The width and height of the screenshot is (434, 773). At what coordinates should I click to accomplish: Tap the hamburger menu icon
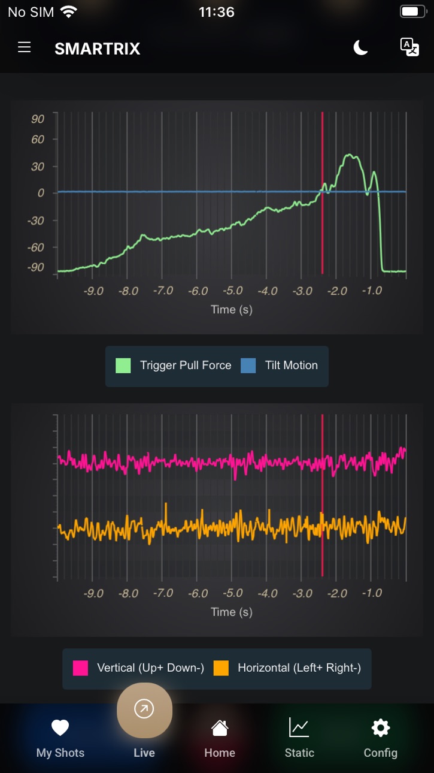[24, 47]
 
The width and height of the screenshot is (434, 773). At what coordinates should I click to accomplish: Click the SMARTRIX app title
[97, 49]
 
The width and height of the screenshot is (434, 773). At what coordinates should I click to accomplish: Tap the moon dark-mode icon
[360, 47]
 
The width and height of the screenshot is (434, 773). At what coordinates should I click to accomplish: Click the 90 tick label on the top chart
[38, 119]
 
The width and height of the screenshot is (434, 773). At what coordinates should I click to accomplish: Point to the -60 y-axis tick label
[36, 247]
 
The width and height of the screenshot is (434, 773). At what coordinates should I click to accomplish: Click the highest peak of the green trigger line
[349, 155]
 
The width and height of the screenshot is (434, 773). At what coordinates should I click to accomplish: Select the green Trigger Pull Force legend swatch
[123, 366]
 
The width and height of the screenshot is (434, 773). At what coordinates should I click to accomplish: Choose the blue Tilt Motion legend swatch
[248, 366]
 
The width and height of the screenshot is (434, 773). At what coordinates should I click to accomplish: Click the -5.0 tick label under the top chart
[233, 291]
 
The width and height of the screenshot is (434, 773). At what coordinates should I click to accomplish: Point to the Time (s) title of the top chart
[232, 310]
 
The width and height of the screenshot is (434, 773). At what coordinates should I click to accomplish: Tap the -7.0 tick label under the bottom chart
[163, 593]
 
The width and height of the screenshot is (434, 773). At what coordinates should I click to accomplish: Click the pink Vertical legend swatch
[80, 668]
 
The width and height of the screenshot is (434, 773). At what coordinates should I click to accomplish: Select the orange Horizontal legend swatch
[221, 668]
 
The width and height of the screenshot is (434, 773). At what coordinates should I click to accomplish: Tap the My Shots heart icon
[60, 728]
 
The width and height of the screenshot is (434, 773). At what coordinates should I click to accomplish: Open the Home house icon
[220, 728]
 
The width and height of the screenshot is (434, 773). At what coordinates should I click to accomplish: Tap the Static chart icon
[299, 727]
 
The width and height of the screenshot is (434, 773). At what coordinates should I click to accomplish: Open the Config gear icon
[381, 727]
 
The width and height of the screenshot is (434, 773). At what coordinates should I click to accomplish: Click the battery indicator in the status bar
[413, 12]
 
